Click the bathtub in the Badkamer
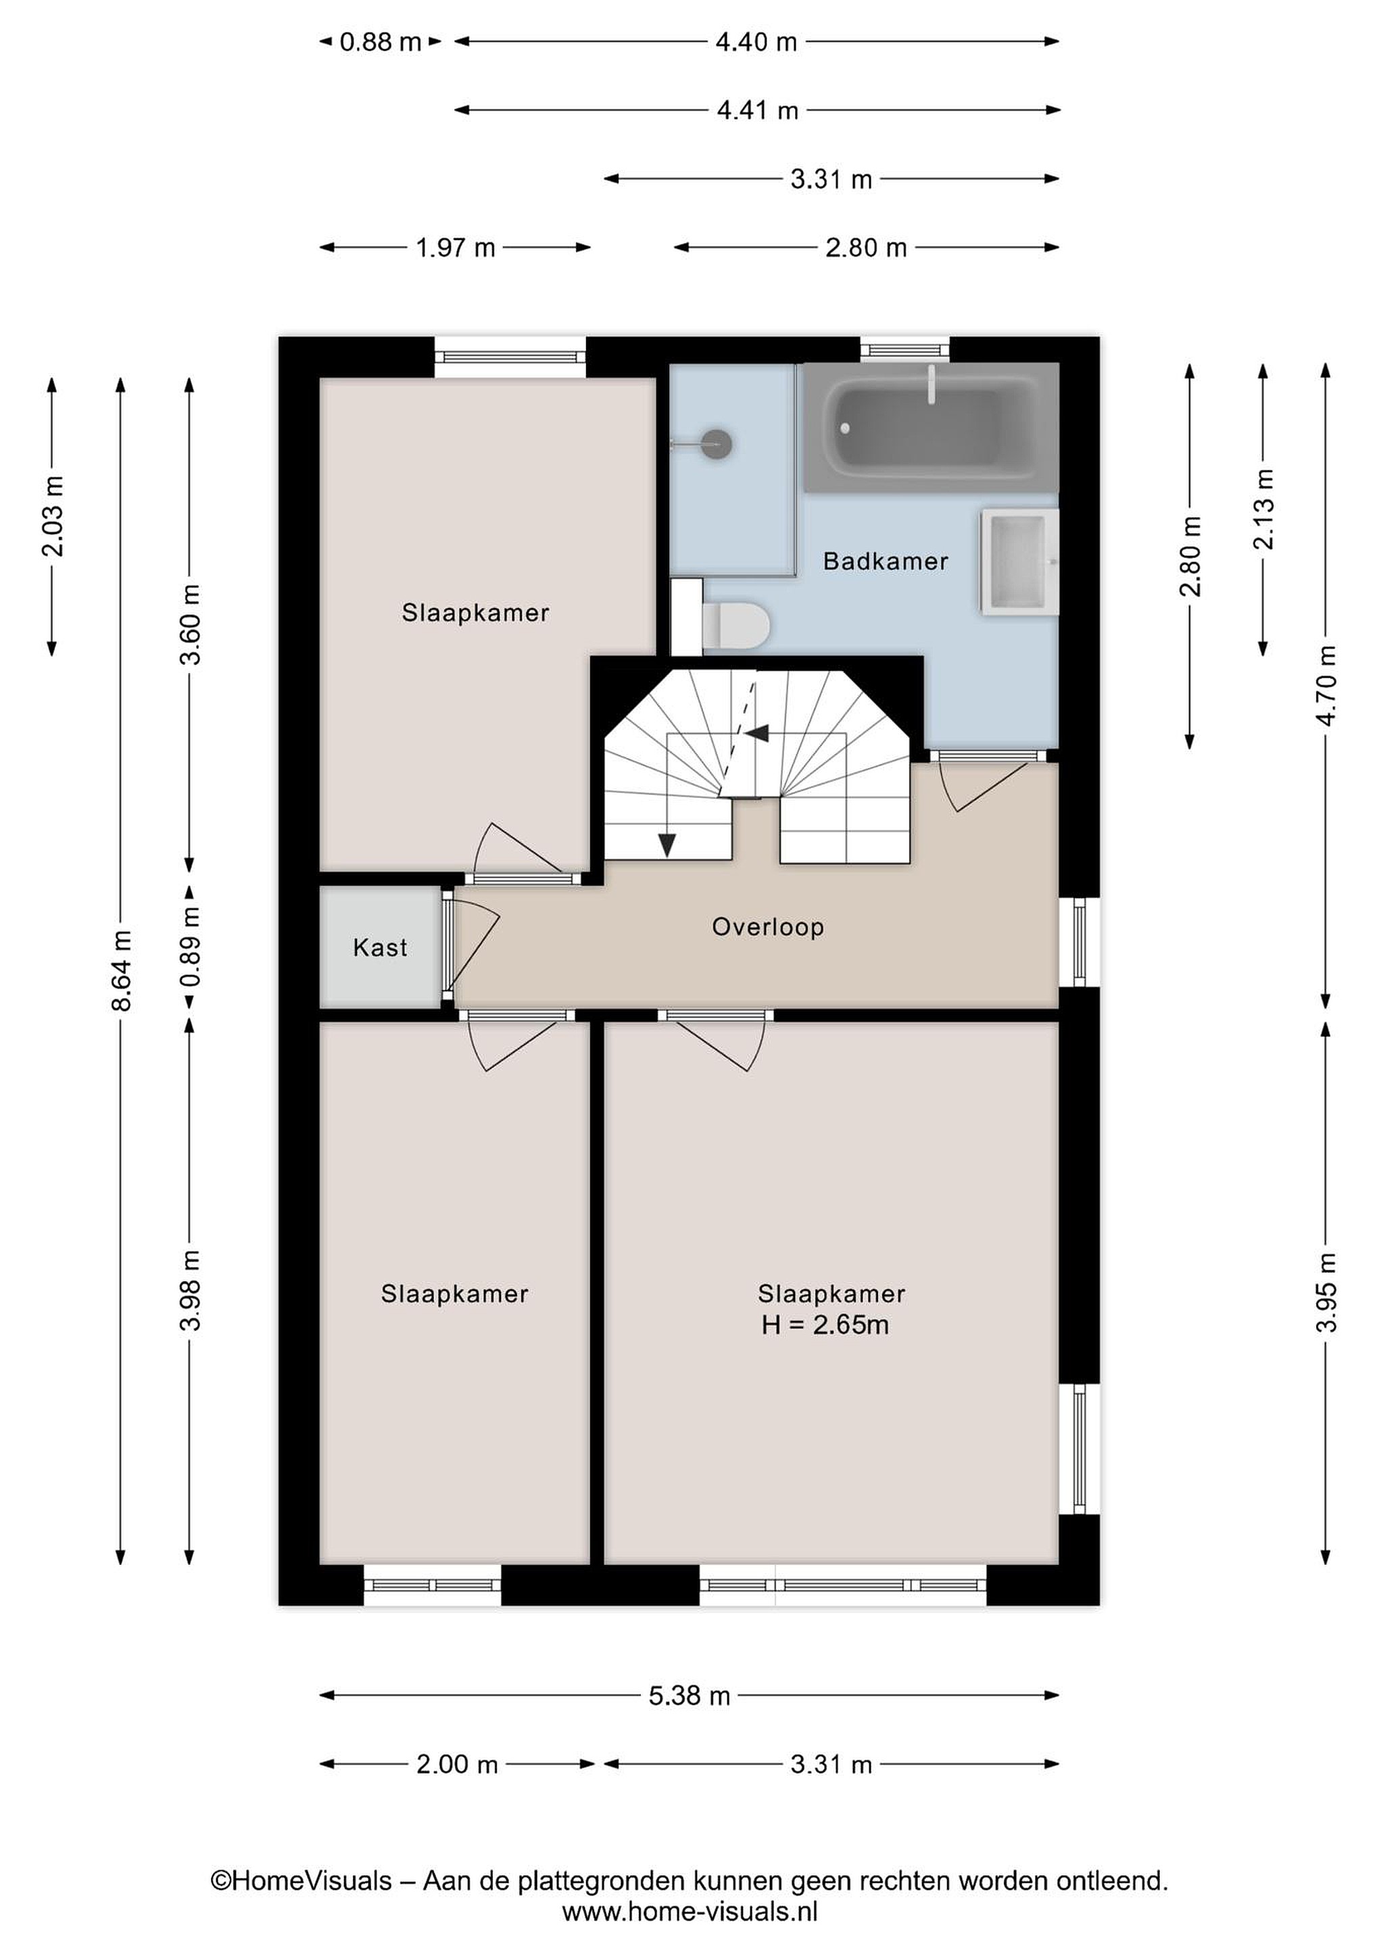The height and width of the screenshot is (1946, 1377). [931, 427]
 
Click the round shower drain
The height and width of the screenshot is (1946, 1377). [717, 443]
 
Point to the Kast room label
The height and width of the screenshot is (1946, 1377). [380, 947]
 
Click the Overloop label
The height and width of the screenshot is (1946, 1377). [768, 927]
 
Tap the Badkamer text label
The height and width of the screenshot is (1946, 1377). [886, 561]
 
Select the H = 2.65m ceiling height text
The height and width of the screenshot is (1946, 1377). [825, 1325]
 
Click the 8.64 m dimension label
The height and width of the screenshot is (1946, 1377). [121, 970]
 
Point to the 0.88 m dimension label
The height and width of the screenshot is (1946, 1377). [381, 41]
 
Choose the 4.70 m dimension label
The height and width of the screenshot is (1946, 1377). [1327, 686]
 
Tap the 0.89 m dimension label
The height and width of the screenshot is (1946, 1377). [190, 947]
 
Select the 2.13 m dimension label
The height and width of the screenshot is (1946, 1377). [1263, 509]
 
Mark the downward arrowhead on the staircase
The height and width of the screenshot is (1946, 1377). [667, 845]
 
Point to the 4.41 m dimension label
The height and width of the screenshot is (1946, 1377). [757, 110]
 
